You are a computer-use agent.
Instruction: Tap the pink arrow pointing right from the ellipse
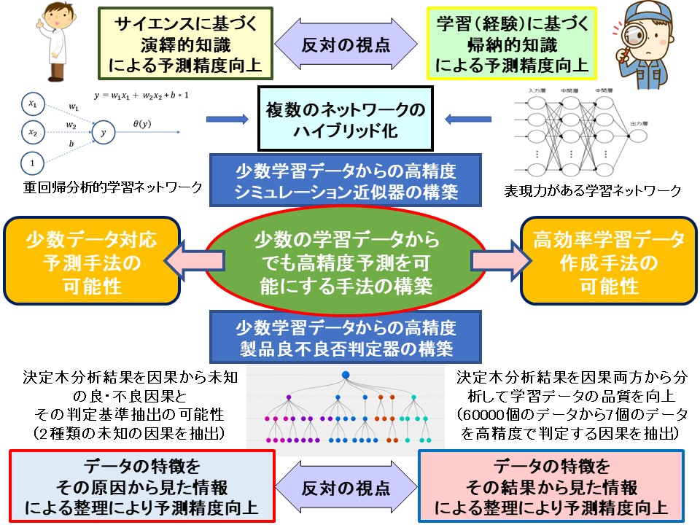click(496, 260)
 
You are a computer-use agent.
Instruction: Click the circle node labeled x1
click(33, 103)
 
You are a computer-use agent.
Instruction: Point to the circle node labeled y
click(104, 133)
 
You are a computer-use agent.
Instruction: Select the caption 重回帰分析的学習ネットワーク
click(112, 188)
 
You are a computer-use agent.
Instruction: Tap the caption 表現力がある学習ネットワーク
click(593, 191)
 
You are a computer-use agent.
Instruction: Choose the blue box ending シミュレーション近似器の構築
click(346, 180)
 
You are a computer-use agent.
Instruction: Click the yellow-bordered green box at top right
click(512, 44)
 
